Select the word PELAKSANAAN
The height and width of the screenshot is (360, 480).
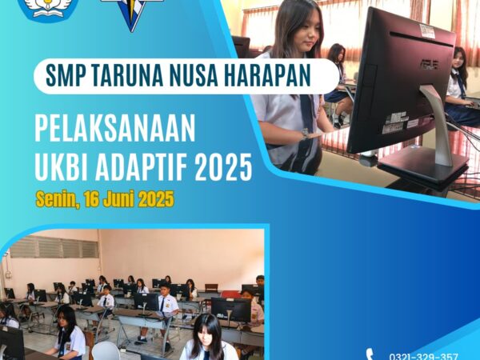click(115, 129)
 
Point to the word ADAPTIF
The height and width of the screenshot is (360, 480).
click(142, 167)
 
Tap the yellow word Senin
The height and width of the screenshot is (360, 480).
click(58, 200)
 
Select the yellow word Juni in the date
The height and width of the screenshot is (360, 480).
click(118, 199)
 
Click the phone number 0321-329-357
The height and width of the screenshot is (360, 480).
click(423, 356)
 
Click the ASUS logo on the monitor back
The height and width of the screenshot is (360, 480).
click(429, 65)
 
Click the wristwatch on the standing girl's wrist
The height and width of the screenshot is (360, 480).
click(305, 134)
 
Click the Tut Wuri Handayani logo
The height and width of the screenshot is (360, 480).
click(48, 10)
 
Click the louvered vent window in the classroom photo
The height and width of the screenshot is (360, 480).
click(54, 246)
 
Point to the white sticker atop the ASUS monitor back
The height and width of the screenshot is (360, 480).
click(427, 31)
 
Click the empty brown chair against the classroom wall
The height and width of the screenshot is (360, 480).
click(211, 288)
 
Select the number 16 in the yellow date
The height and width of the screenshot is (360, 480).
click(91, 199)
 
